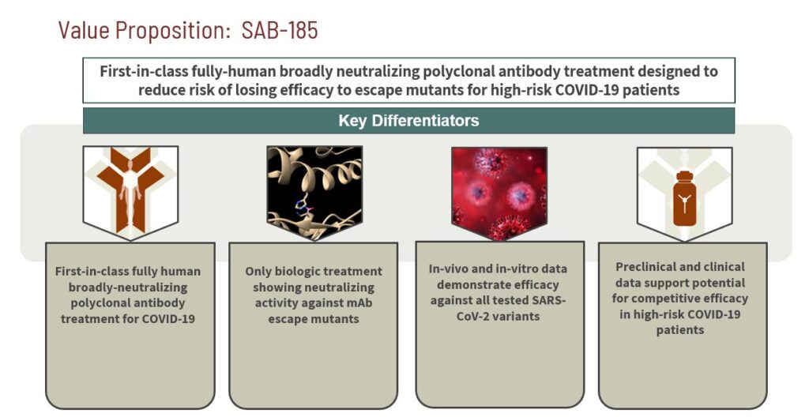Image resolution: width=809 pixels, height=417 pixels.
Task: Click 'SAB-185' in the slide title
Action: click(x=280, y=30)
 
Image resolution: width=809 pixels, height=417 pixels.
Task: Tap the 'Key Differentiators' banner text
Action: click(x=408, y=121)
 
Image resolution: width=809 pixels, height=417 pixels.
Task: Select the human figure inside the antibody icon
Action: click(x=130, y=194)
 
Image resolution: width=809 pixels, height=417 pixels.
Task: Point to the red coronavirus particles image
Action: click(x=499, y=193)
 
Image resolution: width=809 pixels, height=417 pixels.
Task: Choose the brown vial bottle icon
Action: click(x=684, y=199)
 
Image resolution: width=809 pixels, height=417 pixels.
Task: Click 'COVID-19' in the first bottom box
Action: click(x=169, y=319)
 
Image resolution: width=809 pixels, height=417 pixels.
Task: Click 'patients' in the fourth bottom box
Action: click(x=680, y=330)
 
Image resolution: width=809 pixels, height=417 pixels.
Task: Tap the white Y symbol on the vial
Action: click(x=684, y=205)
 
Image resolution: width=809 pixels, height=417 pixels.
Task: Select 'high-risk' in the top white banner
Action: click(x=525, y=90)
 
